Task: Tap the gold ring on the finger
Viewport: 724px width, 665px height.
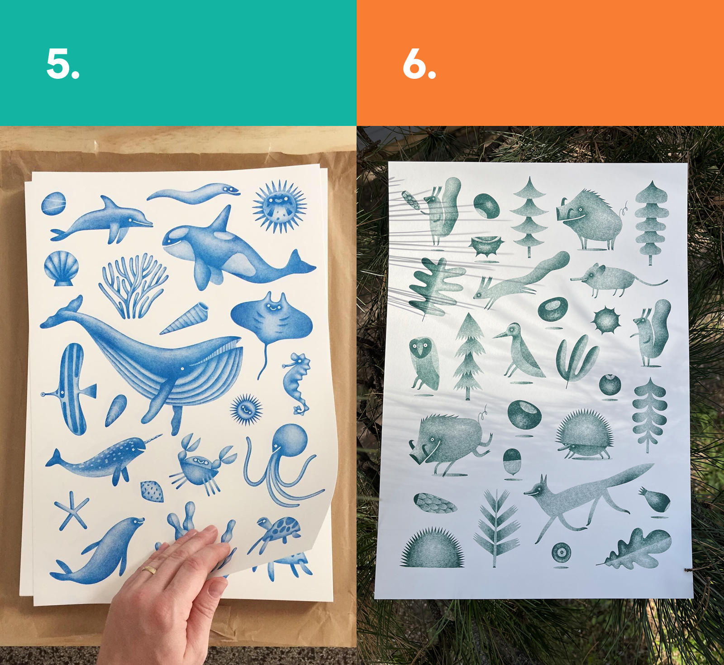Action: coord(149,569)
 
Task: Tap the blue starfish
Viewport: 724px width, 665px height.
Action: coord(72,510)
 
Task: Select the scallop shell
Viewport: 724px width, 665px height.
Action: coord(62,268)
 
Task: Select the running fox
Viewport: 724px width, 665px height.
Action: coord(588,498)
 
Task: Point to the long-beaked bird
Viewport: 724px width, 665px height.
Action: coord(520,351)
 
